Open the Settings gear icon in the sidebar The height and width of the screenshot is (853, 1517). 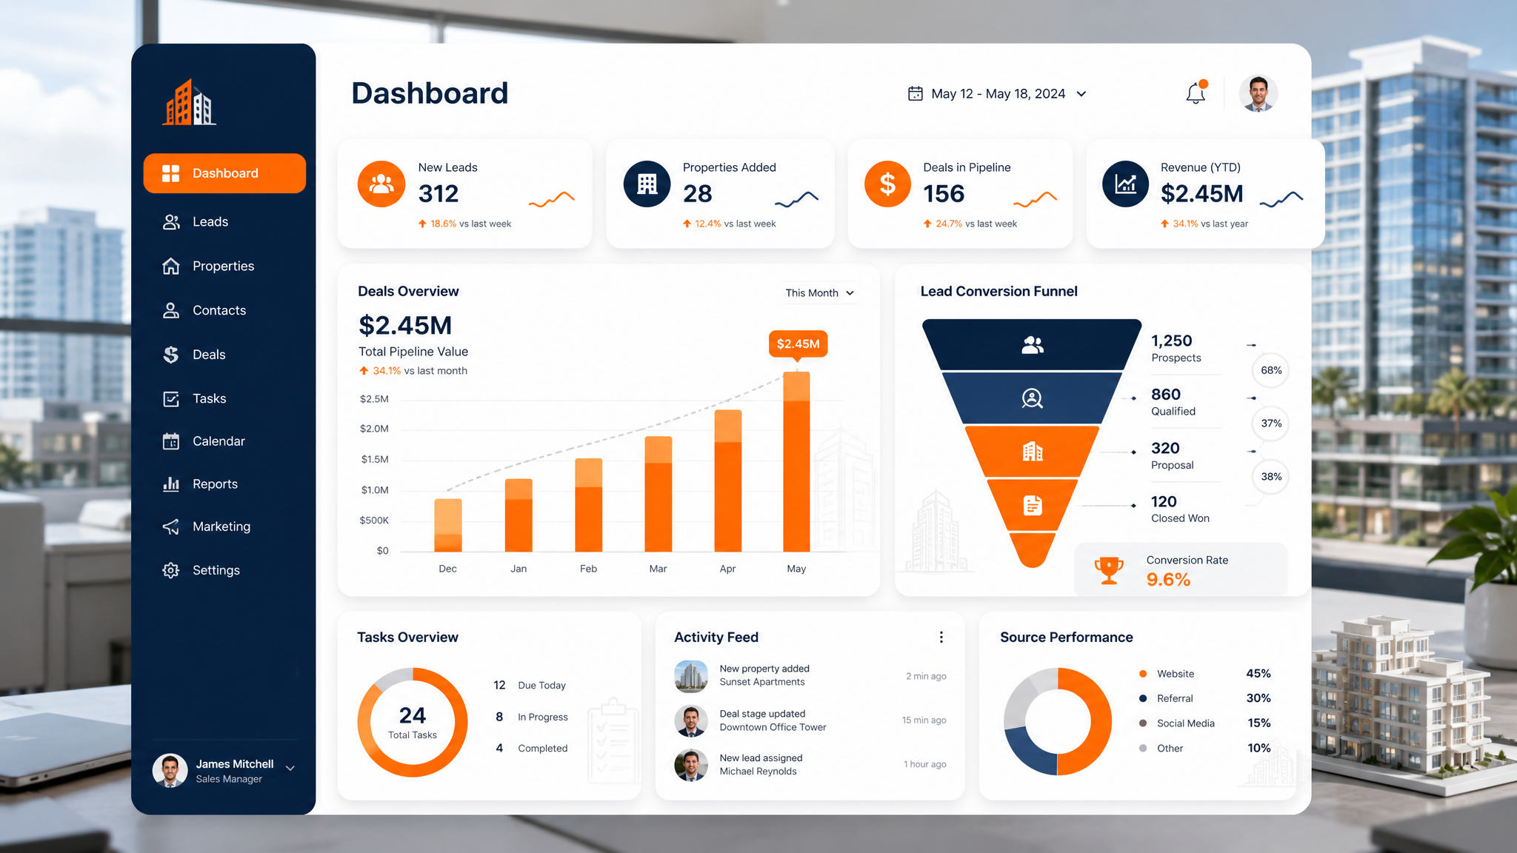[171, 570]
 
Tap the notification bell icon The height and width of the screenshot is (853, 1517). [1196, 93]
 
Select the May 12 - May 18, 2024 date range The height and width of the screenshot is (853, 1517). [998, 94]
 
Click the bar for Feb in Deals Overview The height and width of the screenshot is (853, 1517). [588, 505]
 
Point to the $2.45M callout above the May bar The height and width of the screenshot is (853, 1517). [798, 344]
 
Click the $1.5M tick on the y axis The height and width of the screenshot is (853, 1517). [375, 459]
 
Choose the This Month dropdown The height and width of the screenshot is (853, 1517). [819, 293]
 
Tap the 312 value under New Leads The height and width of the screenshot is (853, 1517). [439, 194]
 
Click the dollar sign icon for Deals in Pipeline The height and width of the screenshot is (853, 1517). [887, 184]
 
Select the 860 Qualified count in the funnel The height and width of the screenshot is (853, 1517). [1173, 401]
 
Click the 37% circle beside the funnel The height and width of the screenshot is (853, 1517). [1271, 424]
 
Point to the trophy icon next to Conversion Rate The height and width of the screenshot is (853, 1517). [1109, 570]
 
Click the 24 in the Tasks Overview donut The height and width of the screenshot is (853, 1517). [413, 715]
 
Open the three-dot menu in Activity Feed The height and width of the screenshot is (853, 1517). [941, 638]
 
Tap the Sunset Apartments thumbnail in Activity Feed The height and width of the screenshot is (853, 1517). [691, 676]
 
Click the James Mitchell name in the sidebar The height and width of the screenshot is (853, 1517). [235, 764]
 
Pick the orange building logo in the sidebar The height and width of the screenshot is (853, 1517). [190, 102]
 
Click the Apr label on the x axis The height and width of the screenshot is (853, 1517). [727, 569]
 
